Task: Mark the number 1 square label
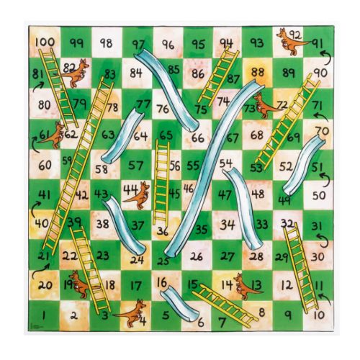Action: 45,315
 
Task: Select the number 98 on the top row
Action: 106,43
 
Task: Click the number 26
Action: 197,256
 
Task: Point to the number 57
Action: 136,165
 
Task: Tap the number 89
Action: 288,72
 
